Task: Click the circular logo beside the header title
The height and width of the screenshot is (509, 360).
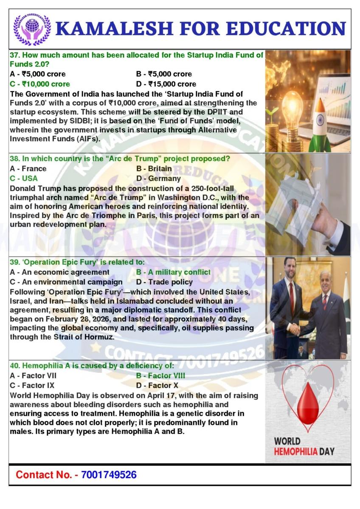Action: coord(32,29)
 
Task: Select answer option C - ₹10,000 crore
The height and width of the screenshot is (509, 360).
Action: coord(40,84)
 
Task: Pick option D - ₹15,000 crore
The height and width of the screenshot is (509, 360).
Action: coord(166,84)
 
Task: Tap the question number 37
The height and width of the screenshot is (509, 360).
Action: coord(14,55)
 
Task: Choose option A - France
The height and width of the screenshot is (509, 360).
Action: coord(28,168)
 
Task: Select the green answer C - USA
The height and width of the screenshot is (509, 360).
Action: coord(24,179)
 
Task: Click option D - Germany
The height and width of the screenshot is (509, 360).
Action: coord(158,179)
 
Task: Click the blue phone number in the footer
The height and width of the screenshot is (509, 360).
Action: coord(109,475)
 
